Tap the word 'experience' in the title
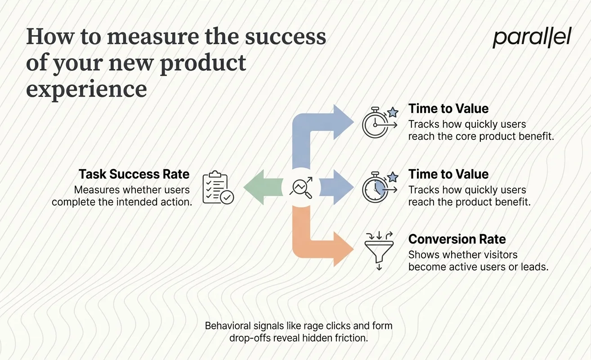click(86, 89)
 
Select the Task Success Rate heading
click(134, 174)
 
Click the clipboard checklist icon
click(218, 188)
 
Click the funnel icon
click(379, 250)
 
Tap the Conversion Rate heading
click(457, 239)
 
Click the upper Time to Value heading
click(448, 108)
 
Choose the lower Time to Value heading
click(448, 174)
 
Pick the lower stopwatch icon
click(377, 188)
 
